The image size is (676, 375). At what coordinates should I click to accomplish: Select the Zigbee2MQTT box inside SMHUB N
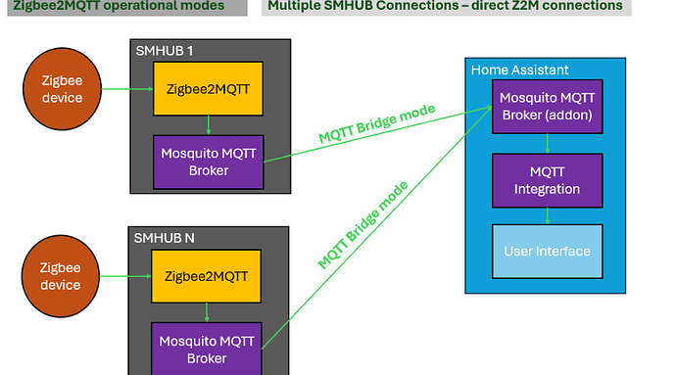coord(207,277)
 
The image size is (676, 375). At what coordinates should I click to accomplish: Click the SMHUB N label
coord(162,237)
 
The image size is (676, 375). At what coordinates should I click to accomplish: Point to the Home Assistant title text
coord(519,70)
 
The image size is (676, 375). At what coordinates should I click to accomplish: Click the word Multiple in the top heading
coord(295,6)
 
